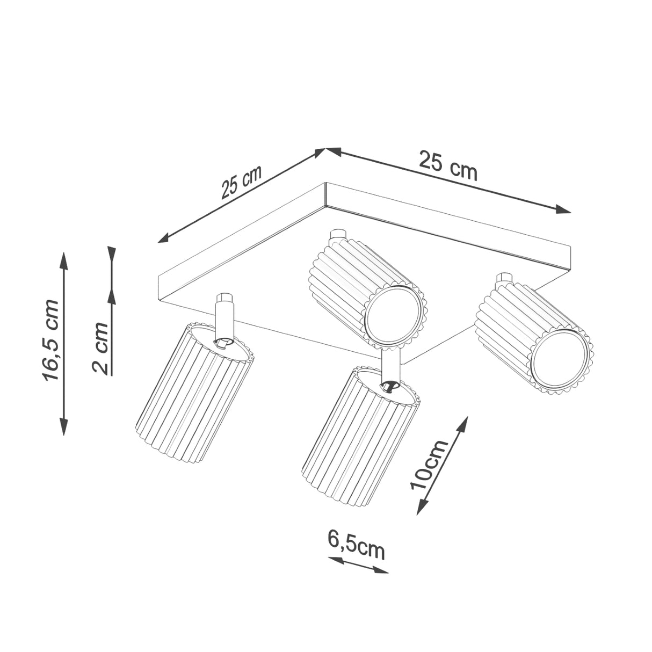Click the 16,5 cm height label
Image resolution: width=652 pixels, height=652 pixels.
point(52,340)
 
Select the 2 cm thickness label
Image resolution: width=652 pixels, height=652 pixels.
point(100,347)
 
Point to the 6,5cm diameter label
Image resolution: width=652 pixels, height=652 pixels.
point(356,545)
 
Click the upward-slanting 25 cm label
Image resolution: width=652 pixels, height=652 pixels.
point(241,182)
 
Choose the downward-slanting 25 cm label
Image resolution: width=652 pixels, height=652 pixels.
point(447,165)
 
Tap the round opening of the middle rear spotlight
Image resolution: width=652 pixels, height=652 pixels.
point(392,317)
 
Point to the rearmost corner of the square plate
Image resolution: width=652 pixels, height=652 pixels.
point(327,185)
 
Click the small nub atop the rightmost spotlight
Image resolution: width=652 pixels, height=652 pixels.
point(504,278)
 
